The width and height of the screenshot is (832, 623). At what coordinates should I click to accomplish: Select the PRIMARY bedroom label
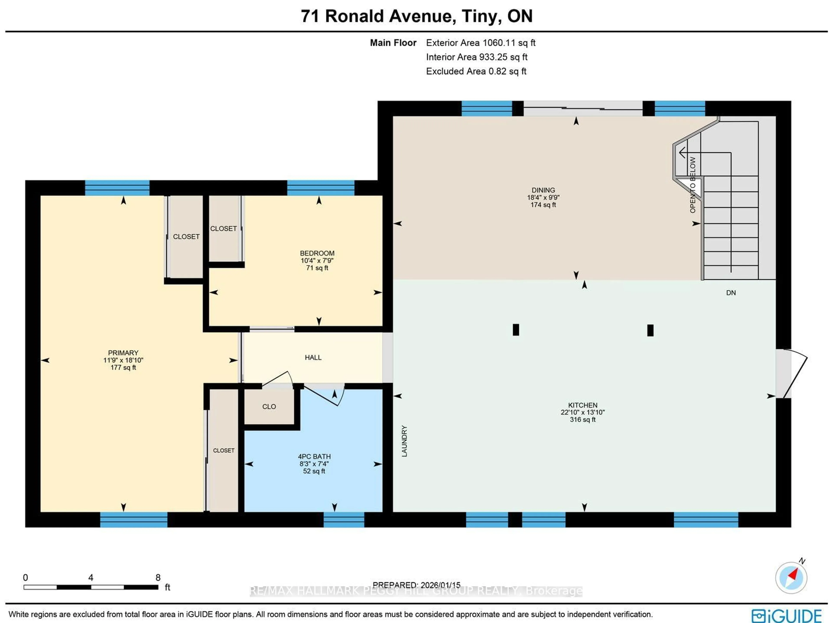click(x=123, y=353)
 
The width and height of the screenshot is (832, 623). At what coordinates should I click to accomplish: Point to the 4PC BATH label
click(x=314, y=456)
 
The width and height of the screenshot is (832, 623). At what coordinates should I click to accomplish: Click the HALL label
click(x=313, y=357)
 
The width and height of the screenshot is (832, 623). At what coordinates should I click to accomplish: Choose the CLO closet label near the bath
click(x=269, y=406)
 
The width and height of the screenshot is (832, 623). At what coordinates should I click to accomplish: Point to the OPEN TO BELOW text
click(x=692, y=185)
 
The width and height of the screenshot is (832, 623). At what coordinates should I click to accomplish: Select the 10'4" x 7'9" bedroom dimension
click(x=317, y=260)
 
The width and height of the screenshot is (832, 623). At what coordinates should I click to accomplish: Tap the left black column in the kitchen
click(x=516, y=330)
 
